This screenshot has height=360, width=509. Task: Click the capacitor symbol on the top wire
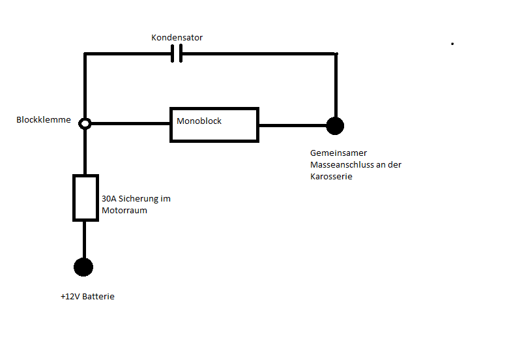pyautogui.click(x=176, y=54)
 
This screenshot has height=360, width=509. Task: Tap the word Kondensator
pyautogui.click(x=177, y=38)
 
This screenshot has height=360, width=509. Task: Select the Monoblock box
pyautogui.click(x=214, y=125)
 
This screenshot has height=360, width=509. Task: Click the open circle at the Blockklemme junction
pyautogui.click(x=85, y=123)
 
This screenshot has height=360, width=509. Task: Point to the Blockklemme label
pyautogui.click(x=43, y=120)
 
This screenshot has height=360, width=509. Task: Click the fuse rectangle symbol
pyautogui.click(x=85, y=198)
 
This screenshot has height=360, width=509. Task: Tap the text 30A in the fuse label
pyautogui.click(x=109, y=199)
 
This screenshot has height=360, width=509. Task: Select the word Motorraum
pyautogui.click(x=124, y=210)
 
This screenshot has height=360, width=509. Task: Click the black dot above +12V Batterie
pyautogui.click(x=83, y=267)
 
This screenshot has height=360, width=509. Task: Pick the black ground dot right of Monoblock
pyautogui.click(x=335, y=125)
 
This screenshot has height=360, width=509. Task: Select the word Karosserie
pyautogui.click(x=331, y=177)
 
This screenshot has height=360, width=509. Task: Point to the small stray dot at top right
pyautogui.click(x=452, y=44)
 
